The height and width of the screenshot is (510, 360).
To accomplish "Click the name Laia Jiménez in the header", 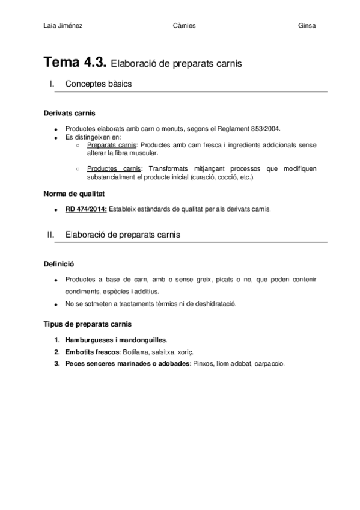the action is click(x=63, y=26).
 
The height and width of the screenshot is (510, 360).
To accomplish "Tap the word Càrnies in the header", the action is click(x=183, y=26).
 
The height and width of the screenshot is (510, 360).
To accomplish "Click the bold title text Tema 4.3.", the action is click(x=76, y=62).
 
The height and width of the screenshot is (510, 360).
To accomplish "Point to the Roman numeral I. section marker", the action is click(x=52, y=84).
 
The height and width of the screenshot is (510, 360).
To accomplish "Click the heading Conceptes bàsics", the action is click(x=98, y=84).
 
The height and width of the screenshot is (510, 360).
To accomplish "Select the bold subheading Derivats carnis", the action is click(x=69, y=113).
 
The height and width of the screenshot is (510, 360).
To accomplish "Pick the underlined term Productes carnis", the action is click(x=112, y=168).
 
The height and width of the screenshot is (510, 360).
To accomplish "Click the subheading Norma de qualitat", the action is click(x=75, y=194).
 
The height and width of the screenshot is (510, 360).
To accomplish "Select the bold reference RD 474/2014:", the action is click(x=86, y=209).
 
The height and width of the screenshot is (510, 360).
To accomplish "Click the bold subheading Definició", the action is click(x=60, y=263).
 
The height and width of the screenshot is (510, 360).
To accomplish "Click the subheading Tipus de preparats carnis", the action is click(x=88, y=324).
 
